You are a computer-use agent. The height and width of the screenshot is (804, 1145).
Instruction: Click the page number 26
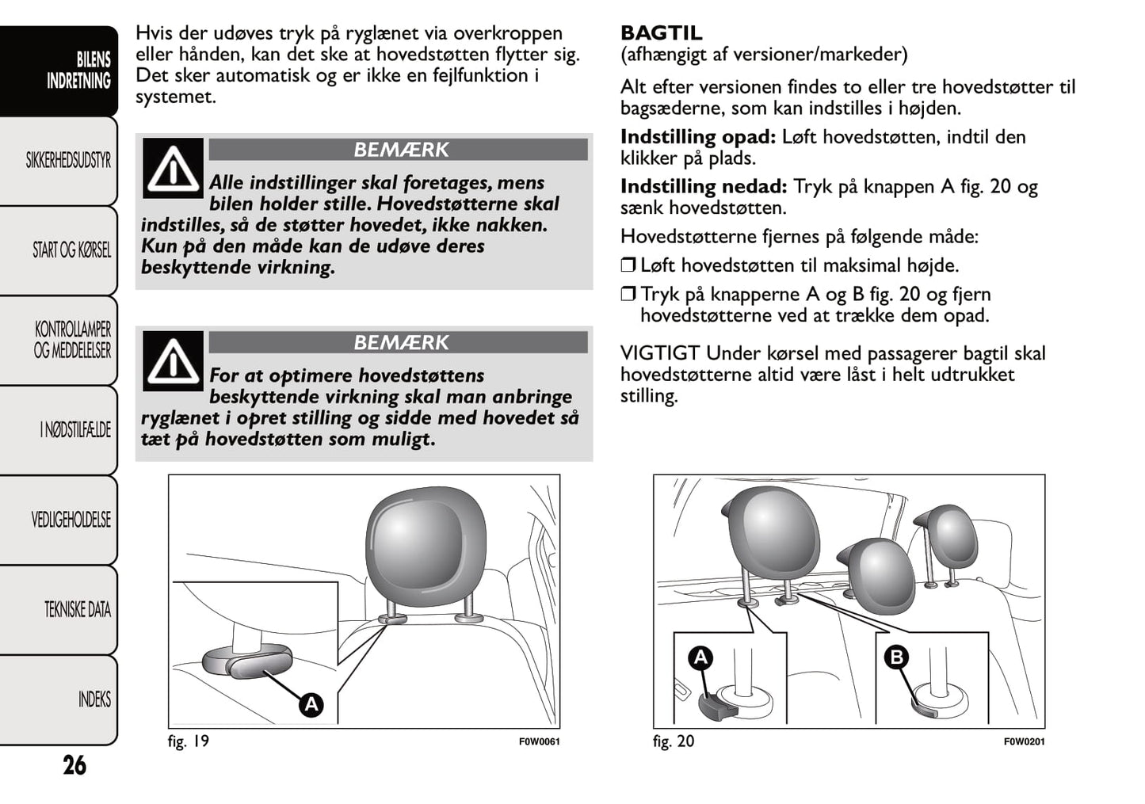point(74,765)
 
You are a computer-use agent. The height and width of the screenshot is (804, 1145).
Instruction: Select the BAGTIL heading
point(661,33)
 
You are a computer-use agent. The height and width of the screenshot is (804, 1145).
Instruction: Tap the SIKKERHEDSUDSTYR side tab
point(68,161)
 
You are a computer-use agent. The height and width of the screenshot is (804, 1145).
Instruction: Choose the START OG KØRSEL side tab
point(71,250)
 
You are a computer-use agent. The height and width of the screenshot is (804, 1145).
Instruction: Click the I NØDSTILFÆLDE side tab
point(75,430)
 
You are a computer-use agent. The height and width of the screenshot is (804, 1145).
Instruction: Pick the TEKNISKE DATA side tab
point(77,610)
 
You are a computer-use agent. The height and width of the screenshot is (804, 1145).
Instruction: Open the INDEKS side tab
point(94,699)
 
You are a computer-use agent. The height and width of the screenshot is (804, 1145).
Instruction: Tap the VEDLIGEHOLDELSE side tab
point(71,520)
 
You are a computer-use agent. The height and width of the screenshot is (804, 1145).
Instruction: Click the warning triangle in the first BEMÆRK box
point(173,169)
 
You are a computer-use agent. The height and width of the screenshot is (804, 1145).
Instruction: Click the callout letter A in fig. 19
point(311,704)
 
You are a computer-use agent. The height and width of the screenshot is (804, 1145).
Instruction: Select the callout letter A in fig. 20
point(700,657)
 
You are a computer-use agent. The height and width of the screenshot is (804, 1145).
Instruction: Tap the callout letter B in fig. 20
point(896,657)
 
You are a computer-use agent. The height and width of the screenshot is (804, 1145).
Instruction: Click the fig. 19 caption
point(189,741)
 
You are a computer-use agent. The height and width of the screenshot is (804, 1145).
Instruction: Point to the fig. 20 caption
point(674,741)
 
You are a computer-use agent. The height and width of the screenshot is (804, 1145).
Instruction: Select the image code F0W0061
point(539,742)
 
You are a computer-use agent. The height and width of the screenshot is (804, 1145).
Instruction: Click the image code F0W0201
point(1024,742)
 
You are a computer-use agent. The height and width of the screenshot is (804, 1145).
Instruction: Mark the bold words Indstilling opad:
point(698,137)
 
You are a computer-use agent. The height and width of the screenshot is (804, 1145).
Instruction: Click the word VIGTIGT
point(659,353)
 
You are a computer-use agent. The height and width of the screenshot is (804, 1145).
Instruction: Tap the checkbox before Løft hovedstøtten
point(628,265)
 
